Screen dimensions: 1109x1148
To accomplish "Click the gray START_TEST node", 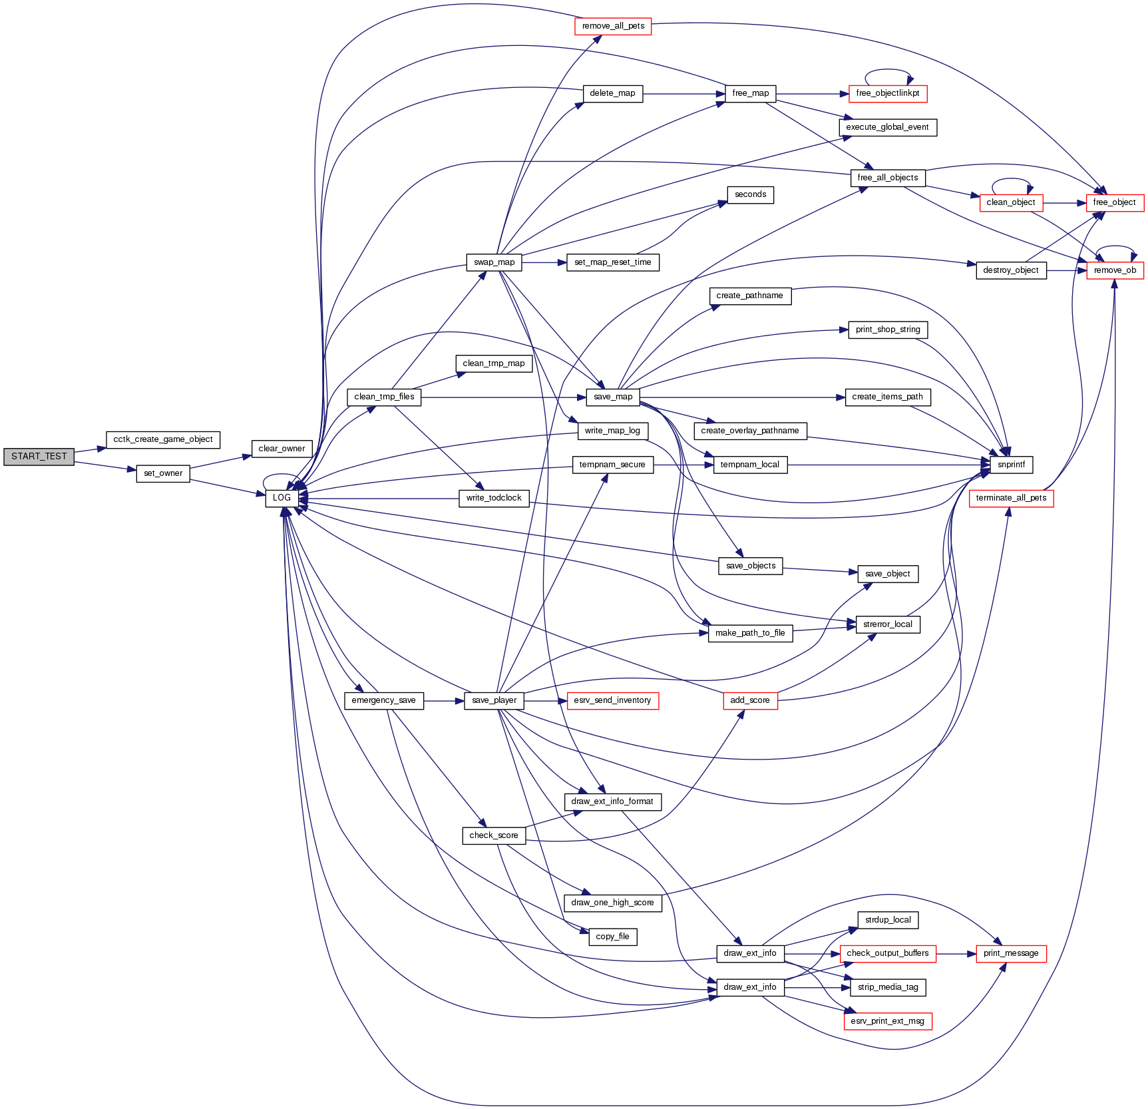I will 39,457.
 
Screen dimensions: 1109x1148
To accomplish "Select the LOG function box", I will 282,498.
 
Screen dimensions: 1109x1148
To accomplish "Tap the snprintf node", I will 1011,465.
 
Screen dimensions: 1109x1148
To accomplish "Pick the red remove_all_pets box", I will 613,27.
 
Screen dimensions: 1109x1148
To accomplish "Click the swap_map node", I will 494,262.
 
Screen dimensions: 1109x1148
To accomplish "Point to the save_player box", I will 494,700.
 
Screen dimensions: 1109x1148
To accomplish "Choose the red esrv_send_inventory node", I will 612,700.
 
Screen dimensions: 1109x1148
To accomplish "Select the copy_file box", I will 612,937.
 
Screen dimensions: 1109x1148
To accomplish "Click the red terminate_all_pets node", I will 1011,498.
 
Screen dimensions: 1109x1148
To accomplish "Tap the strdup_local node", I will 888,920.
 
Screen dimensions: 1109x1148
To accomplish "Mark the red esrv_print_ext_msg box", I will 887,1021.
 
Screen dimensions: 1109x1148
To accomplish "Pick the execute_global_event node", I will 887,127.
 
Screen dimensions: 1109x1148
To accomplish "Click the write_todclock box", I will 494,498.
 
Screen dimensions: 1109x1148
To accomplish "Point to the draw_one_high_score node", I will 612,903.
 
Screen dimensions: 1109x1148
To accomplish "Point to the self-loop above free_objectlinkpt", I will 888,70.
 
